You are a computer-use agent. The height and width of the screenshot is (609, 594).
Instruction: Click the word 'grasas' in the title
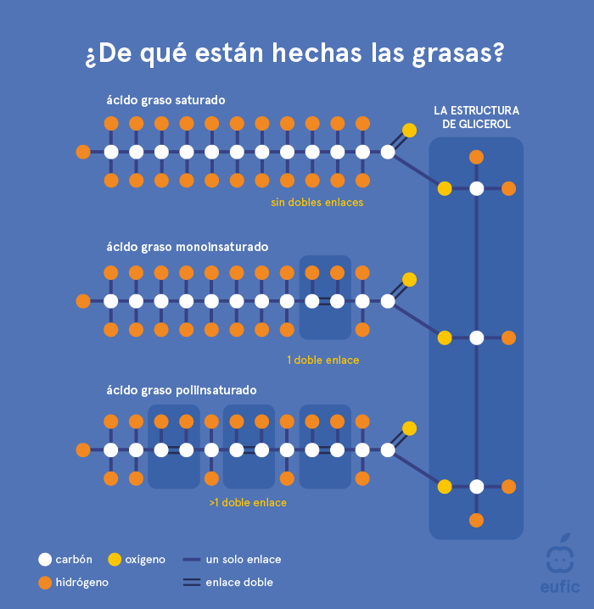click(x=459, y=53)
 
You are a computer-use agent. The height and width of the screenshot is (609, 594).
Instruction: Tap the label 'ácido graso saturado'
click(x=165, y=100)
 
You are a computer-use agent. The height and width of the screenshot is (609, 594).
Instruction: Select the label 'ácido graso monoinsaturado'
click(x=187, y=247)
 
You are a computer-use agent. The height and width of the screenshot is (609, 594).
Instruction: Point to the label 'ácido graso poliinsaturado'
click(x=182, y=390)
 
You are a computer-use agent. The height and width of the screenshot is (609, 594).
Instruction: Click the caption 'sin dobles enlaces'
click(x=317, y=203)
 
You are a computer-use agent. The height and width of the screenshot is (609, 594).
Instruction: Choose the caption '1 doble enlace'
click(x=322, y=360)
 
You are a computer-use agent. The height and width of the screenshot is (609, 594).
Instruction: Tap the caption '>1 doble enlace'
click(x=248, y=502)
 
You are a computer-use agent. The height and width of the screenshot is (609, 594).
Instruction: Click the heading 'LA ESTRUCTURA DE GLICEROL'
click(x=476, y=117)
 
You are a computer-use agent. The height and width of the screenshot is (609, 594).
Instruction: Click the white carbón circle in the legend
click(x=45, y=560)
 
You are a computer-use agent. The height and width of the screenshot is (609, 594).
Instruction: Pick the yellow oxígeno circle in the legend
click(x=115, y=560)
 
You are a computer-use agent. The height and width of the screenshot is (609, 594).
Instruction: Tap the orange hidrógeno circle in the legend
click(x=45, y=583)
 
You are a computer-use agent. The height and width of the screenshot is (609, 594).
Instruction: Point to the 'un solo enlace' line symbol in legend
click(x=191, y=560)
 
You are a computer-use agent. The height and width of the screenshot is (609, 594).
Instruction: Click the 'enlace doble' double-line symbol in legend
click(x=191, y=583)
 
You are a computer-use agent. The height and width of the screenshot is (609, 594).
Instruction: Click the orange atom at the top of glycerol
click(x=476, y=157)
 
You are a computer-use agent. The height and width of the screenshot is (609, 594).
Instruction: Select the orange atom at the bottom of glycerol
click(x=476, y=520)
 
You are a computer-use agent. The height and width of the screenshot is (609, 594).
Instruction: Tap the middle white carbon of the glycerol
click(x=476, y=338)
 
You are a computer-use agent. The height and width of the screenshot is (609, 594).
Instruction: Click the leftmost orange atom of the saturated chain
click(x=83, y=153)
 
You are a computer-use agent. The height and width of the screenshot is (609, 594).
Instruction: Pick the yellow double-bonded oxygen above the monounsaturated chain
click(x=409, y=279)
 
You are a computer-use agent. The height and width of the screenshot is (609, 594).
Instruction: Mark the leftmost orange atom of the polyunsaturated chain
click(x=83, y=450)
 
